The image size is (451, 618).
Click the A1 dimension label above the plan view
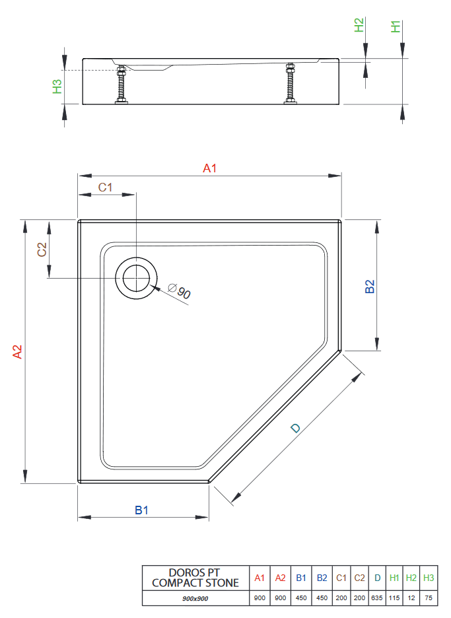tap(209, 169)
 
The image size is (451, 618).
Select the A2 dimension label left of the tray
tap(18, 352)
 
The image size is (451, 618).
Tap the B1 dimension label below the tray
tap(142, 510)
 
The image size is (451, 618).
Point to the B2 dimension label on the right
tap(370, 286)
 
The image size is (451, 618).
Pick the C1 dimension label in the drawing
tap(106, 188)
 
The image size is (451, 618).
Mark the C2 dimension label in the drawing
tap(41, 250)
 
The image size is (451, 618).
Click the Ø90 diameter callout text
tap(179, 291)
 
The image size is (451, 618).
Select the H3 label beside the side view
tap(57, 86)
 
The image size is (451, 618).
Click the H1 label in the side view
tap(396, 27)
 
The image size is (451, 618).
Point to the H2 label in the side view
tap(359, 26)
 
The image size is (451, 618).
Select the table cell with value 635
tap(377, 598)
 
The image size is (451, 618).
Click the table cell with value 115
tap(394, 598)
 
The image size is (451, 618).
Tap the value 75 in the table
tap(429, 598)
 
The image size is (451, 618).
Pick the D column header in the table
tap(377, 578)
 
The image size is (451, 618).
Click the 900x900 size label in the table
tap(195, 598)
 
